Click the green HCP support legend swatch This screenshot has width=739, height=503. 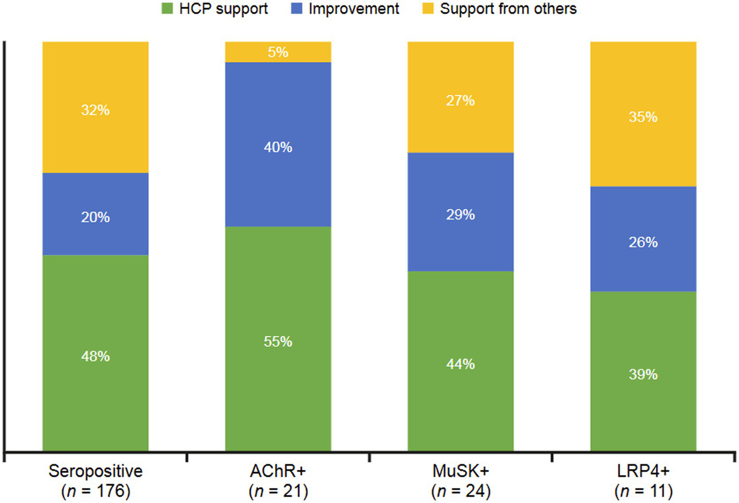(167, 8)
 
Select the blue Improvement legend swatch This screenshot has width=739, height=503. (297, 8)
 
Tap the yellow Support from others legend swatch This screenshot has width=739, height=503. (428, 8)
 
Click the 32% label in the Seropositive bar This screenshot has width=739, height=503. (95, 110)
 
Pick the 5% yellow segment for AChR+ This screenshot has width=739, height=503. (278, 52)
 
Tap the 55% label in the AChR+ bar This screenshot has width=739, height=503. (278, 342)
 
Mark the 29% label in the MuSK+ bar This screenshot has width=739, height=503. (460, 215)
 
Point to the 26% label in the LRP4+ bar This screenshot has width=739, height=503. (643, 242)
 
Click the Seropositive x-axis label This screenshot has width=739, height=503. (95, 471)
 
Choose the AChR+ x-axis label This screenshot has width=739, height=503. (278, 471)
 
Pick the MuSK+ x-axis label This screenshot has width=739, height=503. (460, 471)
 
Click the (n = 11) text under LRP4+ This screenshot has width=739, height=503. (643, 491)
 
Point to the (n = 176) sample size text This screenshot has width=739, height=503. (95, 491)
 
